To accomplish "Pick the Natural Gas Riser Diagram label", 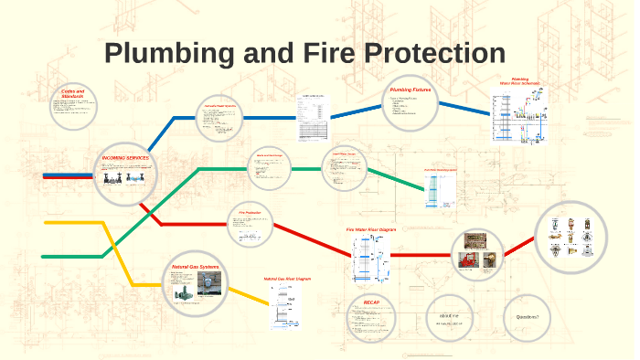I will tap(288, 278).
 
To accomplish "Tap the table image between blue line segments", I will tap(313, 117).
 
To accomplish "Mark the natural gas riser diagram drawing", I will tap(286, 306).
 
